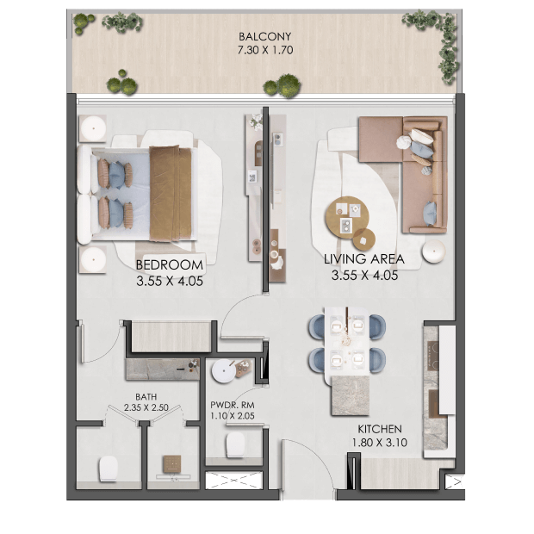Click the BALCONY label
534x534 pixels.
(x=264, y=36)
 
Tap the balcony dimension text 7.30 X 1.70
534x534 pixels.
(x=265, y=50)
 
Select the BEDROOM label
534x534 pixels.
(x=170, y=265)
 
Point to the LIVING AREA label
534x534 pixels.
(x=364, y=259)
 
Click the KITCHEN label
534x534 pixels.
(x=380, y=429)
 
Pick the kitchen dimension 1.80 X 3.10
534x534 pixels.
(x=379, y=443)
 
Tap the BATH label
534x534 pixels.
(x=146, y=397)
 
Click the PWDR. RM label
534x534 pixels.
(x=233, y=406)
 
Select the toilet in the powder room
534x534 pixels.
(x=235, y=444)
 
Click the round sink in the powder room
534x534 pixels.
(x=223, y=370)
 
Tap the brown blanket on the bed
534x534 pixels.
(x=171, y=194)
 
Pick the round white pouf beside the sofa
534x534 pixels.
(x=433, y=251)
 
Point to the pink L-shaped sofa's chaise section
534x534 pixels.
(x=381, y=140)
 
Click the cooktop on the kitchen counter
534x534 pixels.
(x=432, y=357)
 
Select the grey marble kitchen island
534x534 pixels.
(x=350, y=395)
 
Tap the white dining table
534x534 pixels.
(x=347, y=341)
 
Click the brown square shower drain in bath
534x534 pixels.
(x=172, y=464)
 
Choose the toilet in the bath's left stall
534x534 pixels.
(x=109, y=469)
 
